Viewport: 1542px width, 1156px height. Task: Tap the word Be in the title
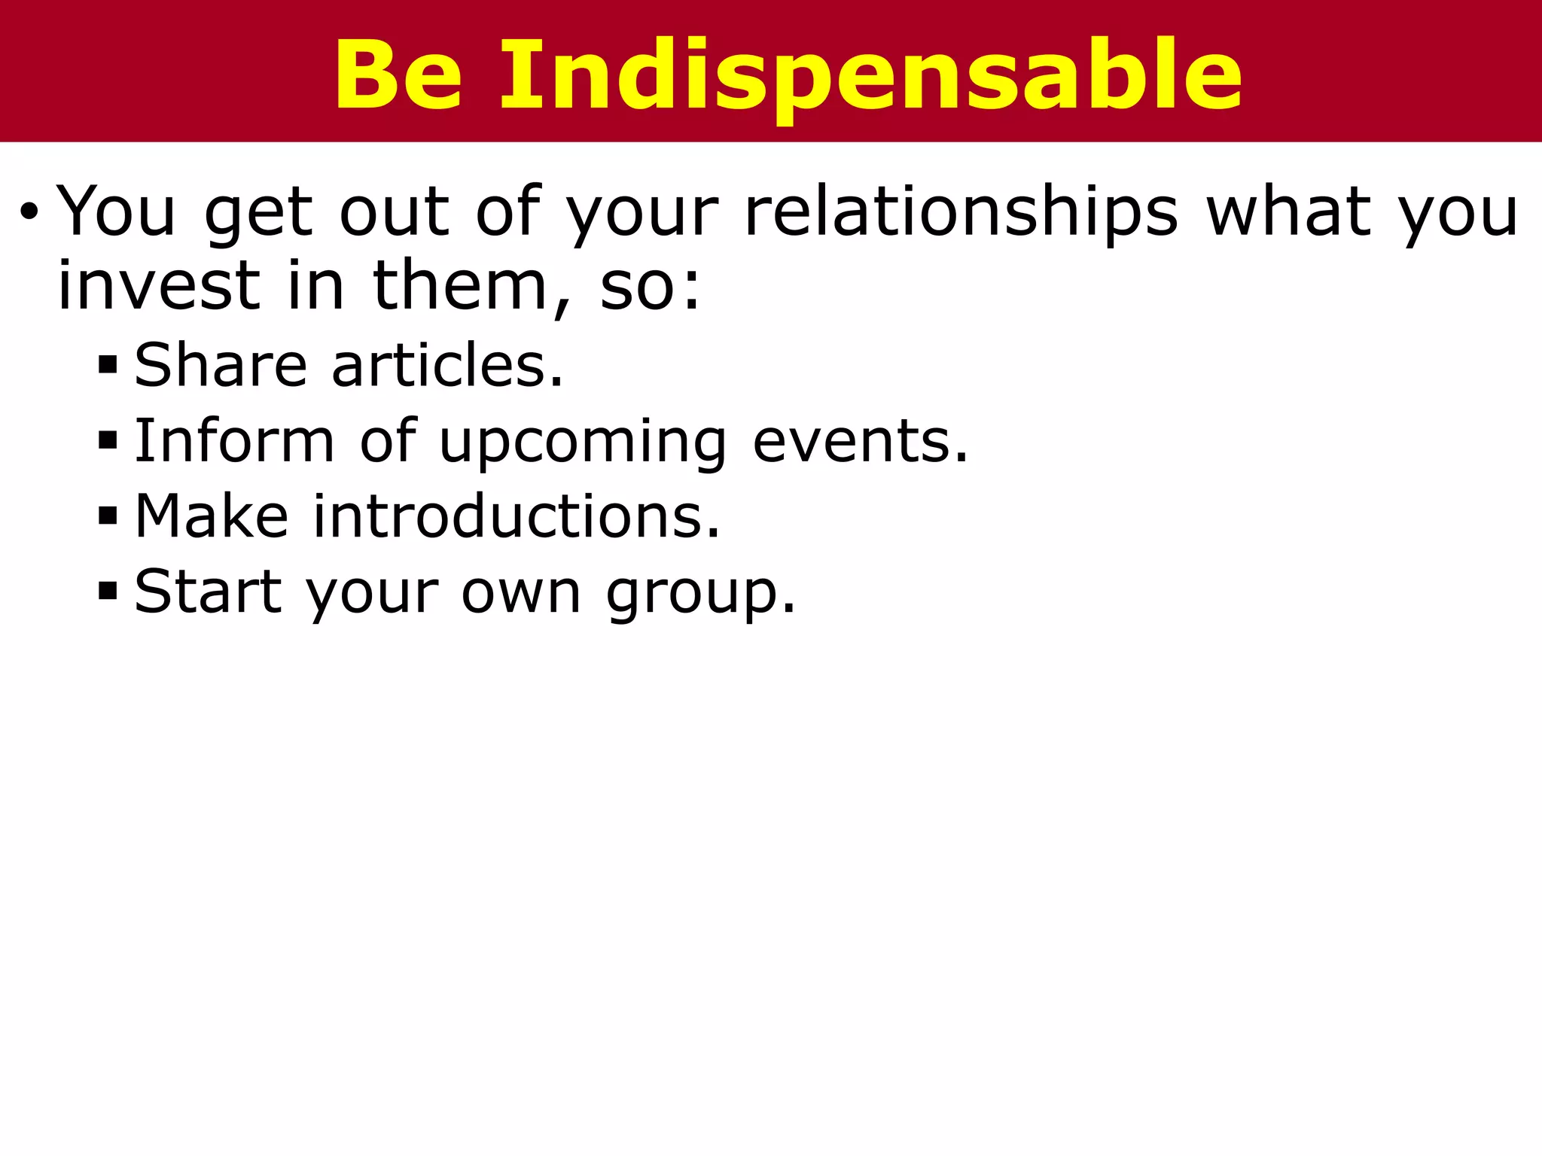coord(398,75)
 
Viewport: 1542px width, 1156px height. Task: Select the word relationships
coord(960,212)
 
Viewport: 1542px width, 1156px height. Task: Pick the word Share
coord(221,365)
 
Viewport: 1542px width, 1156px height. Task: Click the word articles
coord(447,365)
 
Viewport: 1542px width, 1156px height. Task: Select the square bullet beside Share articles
coord(108,366)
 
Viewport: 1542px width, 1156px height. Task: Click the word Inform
coord(234,441)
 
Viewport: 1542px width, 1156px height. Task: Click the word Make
coord(212,516)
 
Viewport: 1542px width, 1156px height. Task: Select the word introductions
coord(517,516)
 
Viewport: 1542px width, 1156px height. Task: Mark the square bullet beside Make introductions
coord(108,516)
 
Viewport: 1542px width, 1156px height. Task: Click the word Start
coord(208,592)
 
